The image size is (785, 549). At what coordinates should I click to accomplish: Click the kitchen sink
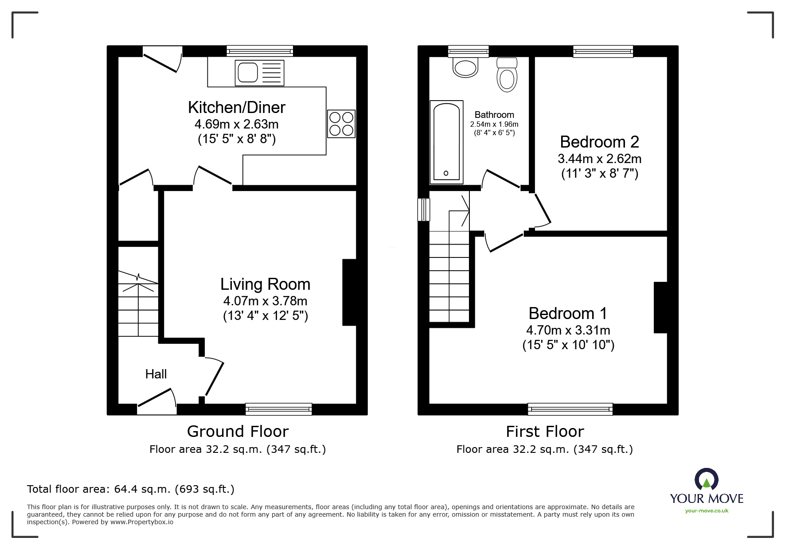(x=260, y=72)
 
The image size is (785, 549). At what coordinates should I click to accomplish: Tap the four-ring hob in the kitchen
(x=341, y=124)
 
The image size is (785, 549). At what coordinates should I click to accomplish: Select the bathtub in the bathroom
(x=446, y=142)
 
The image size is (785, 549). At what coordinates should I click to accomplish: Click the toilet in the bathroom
(x=508, y=74)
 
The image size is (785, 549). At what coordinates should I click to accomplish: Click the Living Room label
(x=265, y=284)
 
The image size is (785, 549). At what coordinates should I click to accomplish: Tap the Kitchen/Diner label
(x=237, y=107)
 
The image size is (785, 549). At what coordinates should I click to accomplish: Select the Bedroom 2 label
(x=599, y=142)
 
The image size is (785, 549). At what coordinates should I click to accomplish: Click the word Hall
(x=156, y=374)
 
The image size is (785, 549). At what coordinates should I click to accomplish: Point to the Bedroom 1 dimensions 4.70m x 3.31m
(x=568, y=330)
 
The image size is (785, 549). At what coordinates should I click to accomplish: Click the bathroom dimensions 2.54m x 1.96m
(x=494, y=124)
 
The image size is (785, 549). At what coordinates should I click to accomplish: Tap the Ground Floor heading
(x=238, y=431)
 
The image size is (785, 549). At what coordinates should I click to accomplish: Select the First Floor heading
(x=545, y=431)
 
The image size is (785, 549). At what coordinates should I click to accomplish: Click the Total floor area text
(x=131, y=489)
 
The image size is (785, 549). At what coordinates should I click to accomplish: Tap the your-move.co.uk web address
(x=707, y=511)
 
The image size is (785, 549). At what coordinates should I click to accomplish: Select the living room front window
(x=278, y=409)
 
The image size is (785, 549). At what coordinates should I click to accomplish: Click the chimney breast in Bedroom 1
(x=660, y=308)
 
